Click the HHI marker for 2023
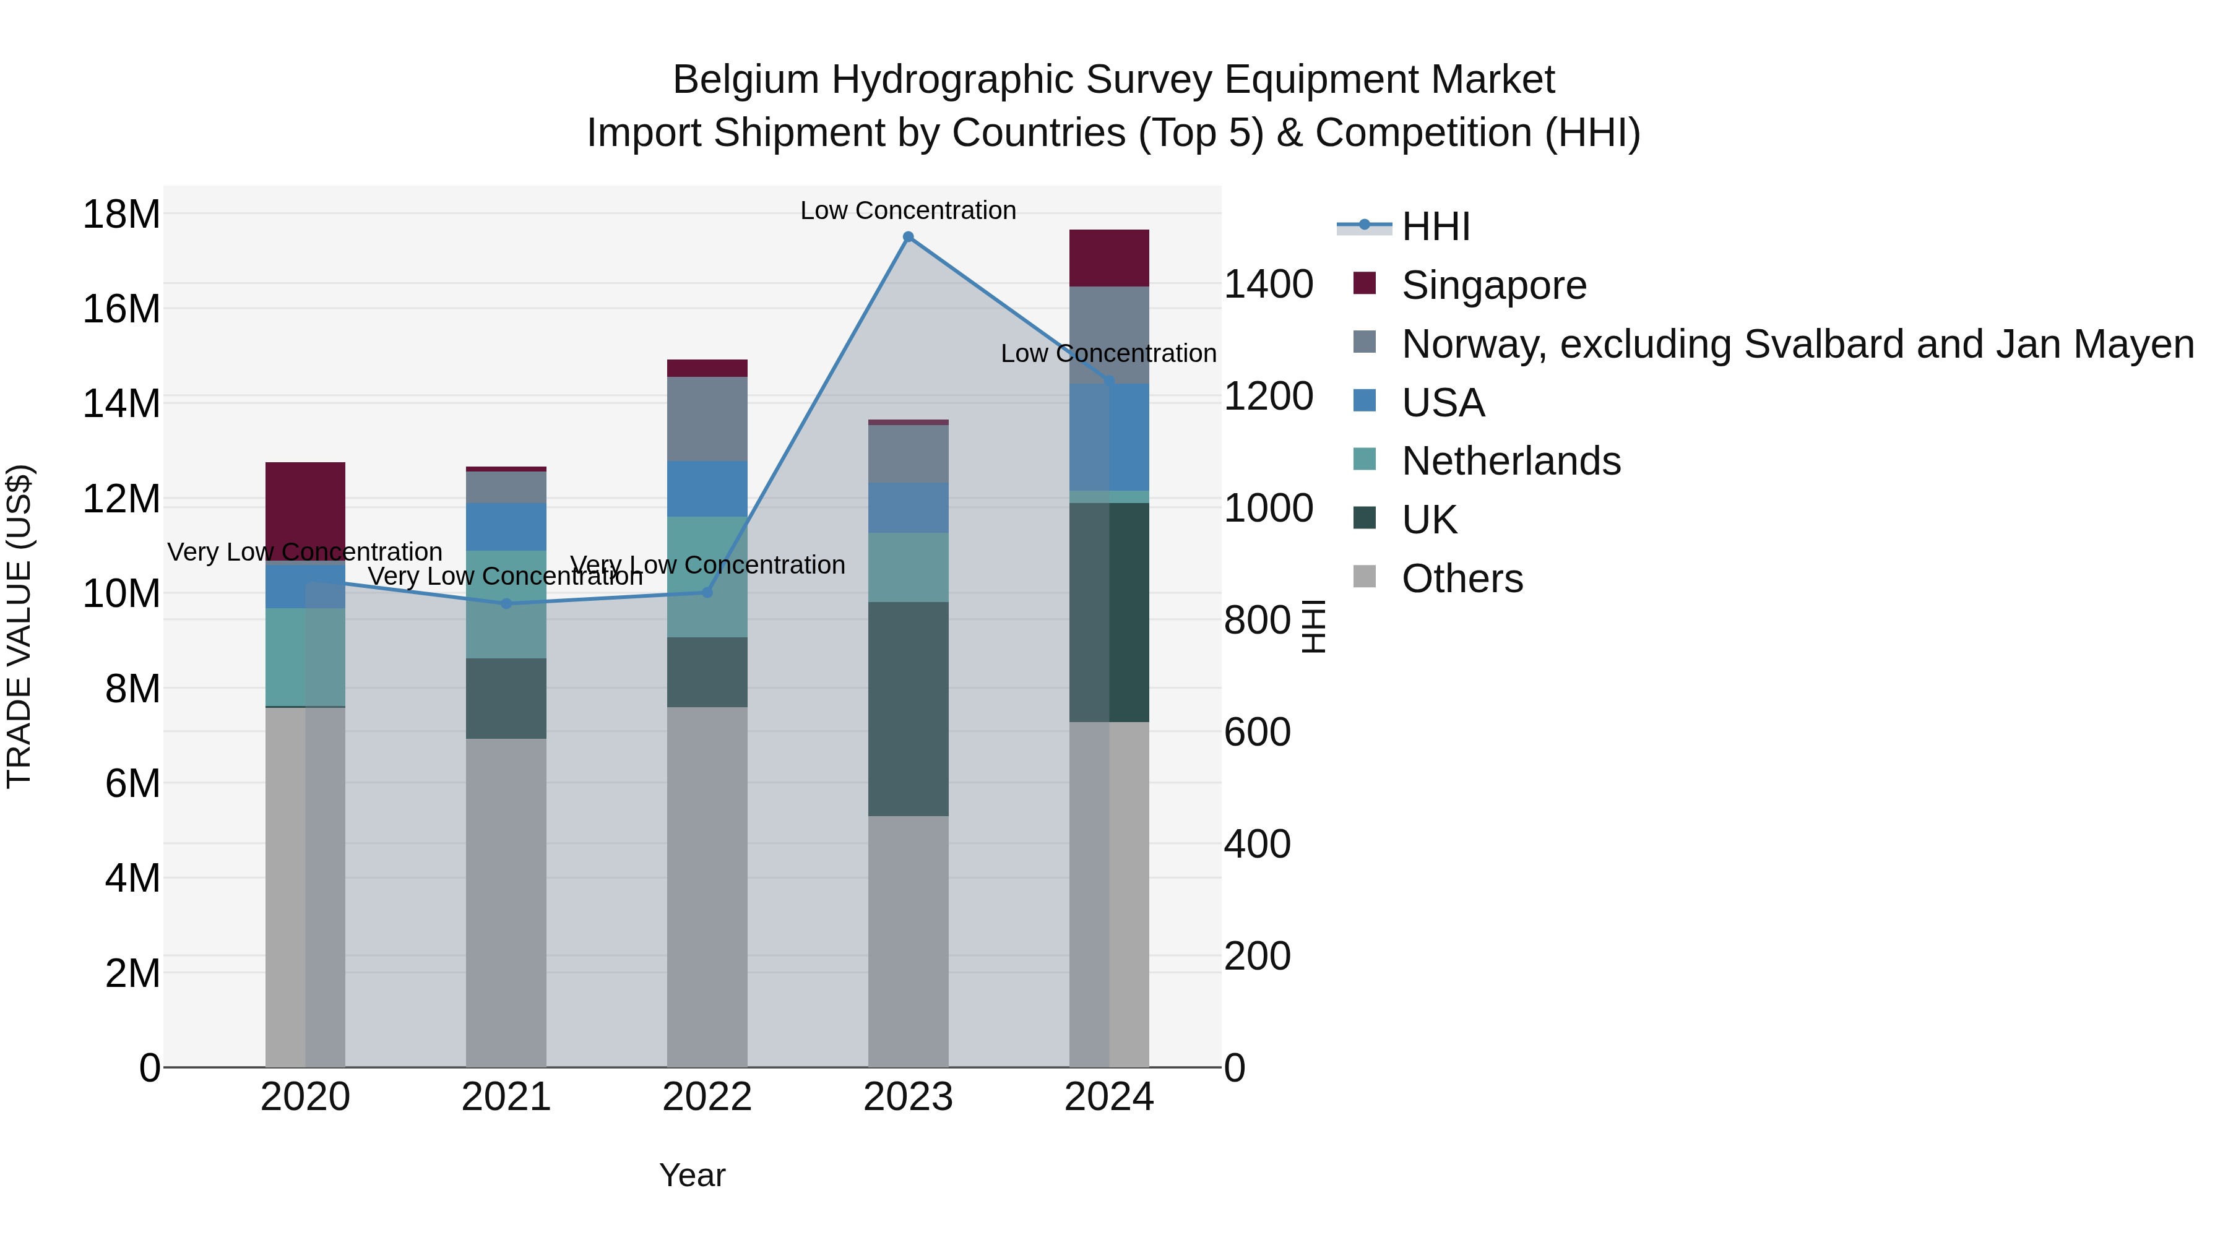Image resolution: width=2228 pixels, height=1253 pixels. pos(908,237)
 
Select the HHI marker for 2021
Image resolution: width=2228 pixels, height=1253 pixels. pos(507,603)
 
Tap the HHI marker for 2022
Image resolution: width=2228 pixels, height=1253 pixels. pos(707,592)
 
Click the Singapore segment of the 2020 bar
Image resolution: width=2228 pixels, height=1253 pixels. pos(305,511)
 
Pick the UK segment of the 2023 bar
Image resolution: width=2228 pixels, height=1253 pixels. pos(908,708)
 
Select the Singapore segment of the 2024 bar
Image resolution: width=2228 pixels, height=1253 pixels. pos(1109,257)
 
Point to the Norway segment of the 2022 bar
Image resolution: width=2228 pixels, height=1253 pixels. pos(707,418)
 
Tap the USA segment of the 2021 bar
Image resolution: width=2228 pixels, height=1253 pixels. pos(507,527)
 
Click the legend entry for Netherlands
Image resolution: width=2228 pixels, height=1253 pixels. pos(1510,461)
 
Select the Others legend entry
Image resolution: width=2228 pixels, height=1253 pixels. pos(1462,579)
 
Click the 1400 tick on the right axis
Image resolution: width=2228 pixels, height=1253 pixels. pos(1268,285)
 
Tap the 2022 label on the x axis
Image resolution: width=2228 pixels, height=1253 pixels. pos(707,1097)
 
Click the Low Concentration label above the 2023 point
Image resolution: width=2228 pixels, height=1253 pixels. pos(908,210)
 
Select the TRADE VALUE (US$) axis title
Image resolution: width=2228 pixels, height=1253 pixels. pos(19,626)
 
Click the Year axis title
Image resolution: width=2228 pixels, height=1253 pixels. pos(692,1175)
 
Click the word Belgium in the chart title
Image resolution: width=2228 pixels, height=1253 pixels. pos(746,80)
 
